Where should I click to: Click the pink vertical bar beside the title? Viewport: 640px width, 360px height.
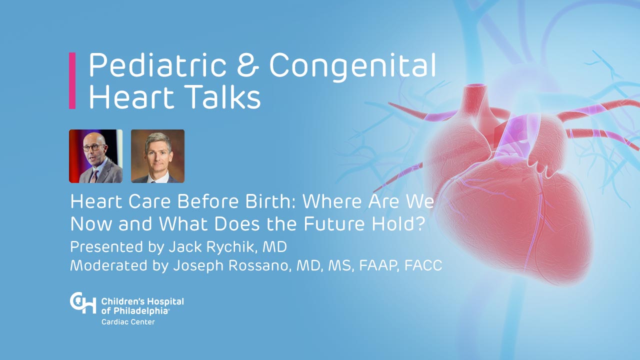(x=72, y=80)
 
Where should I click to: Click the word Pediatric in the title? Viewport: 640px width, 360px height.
(x=157, y=65)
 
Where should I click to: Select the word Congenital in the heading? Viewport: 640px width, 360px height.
(x=352, y=67)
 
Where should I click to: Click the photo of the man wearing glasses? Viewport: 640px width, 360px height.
(x=95, y=156)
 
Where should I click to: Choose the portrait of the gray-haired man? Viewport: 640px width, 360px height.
(x=157, y=156)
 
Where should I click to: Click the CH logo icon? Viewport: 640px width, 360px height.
(x=83, y=303)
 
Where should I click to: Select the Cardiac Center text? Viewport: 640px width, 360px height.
(x=128, y=322)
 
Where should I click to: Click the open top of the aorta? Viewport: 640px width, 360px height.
(x=476, y=85)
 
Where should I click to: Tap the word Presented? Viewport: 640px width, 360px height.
(x=106, y=247)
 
